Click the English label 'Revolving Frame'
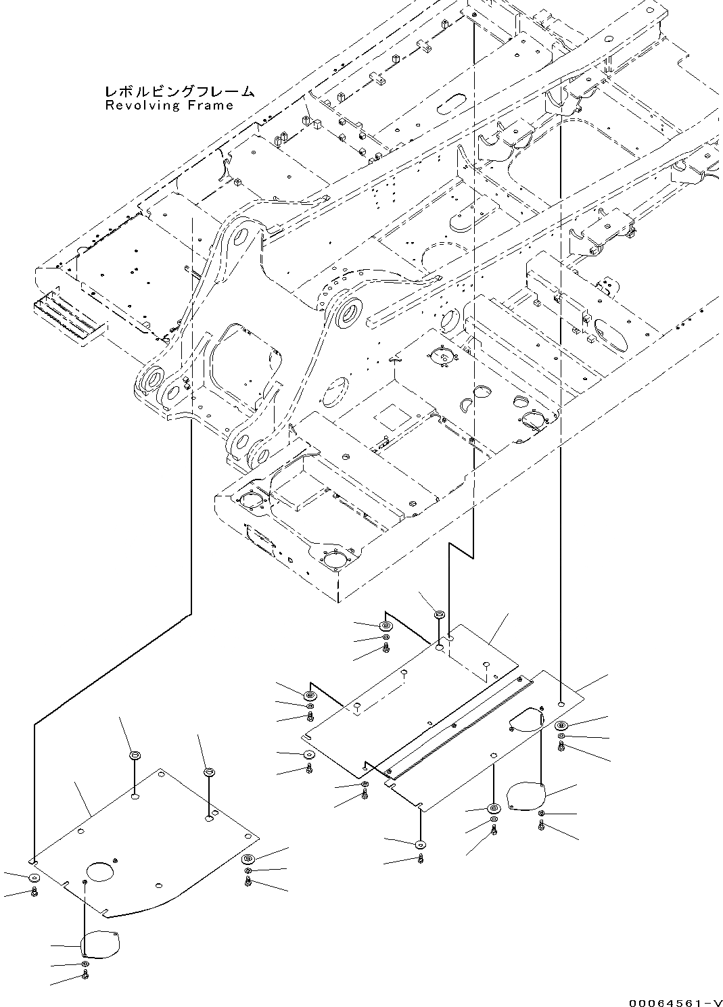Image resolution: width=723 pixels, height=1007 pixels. pos(169,106)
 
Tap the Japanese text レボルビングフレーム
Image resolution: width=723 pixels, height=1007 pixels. pos(179,91)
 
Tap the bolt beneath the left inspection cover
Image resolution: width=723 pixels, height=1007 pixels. pos(85,974)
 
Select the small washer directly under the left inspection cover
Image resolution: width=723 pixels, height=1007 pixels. pos(85,963)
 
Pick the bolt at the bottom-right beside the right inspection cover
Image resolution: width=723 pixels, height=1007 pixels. pos(542,824)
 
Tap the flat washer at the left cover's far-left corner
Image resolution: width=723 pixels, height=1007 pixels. pos(34,878)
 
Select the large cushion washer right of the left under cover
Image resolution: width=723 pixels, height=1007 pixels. pos(248,859)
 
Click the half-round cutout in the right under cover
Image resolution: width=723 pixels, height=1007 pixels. pos(526,718)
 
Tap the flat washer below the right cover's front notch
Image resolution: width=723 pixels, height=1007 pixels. pos(421,843)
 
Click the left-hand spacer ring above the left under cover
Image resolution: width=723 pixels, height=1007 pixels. pos(134,755)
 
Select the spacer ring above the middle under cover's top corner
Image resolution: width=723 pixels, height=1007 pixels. pos(438,615)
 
